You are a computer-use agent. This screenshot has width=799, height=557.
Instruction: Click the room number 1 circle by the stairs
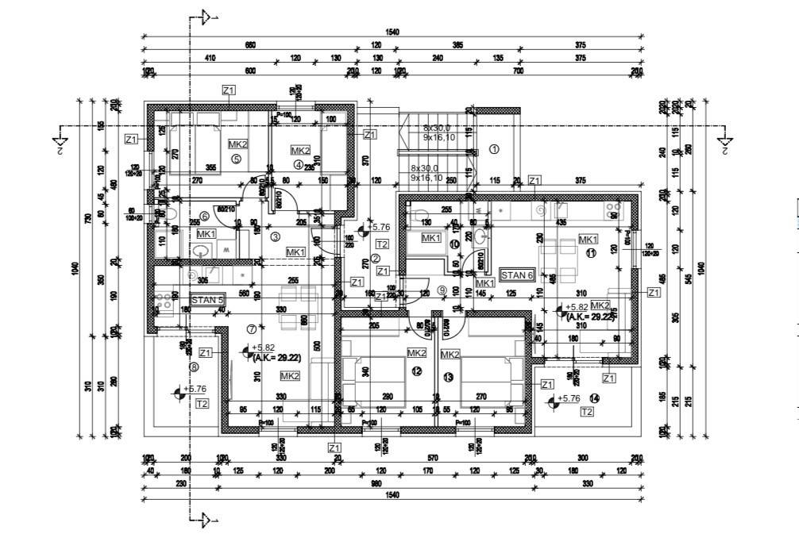point(493,148)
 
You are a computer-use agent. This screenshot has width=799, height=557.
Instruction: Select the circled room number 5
point(236,159)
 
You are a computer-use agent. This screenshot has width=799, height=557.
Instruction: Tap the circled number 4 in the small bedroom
point(298,165)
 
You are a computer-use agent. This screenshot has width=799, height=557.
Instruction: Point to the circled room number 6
point(204,216)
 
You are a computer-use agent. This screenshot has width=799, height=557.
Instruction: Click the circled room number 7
point(252,328)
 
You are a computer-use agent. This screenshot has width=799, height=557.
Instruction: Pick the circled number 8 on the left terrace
point(194,367)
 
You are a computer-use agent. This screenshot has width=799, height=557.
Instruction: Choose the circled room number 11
point(590,253)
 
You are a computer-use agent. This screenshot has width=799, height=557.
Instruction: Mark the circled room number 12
point(416,371)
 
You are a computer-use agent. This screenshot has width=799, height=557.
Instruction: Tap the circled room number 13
point(448,377)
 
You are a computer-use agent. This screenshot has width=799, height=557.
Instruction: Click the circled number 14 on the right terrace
point(593,398)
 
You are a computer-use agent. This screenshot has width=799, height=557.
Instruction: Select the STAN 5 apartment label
point(208,301)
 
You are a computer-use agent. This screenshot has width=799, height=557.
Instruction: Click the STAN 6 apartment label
point(516,275)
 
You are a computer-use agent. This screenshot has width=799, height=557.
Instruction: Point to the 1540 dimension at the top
point(392,32)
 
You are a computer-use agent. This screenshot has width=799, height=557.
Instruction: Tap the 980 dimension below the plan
point(392,482)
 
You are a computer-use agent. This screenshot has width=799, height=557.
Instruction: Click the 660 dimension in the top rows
point(251,45)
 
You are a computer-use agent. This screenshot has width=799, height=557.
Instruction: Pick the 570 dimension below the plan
point(433,458)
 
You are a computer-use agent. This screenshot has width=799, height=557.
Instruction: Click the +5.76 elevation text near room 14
point(569,398)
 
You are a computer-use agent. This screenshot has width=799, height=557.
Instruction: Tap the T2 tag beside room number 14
point(586,412)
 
